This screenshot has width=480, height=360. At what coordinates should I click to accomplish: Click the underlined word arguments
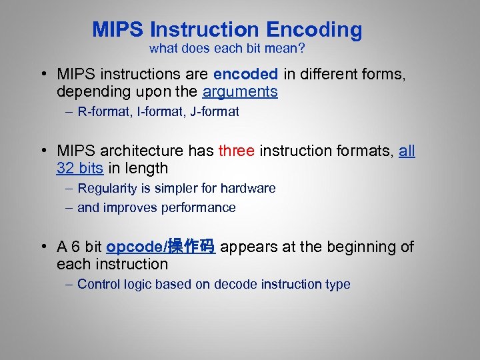[240, 92]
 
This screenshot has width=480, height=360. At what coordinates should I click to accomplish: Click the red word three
[236, 151]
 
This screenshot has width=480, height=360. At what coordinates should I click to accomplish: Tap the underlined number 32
[65, 168]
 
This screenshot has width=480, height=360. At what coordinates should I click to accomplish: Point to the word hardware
[250, 189]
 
